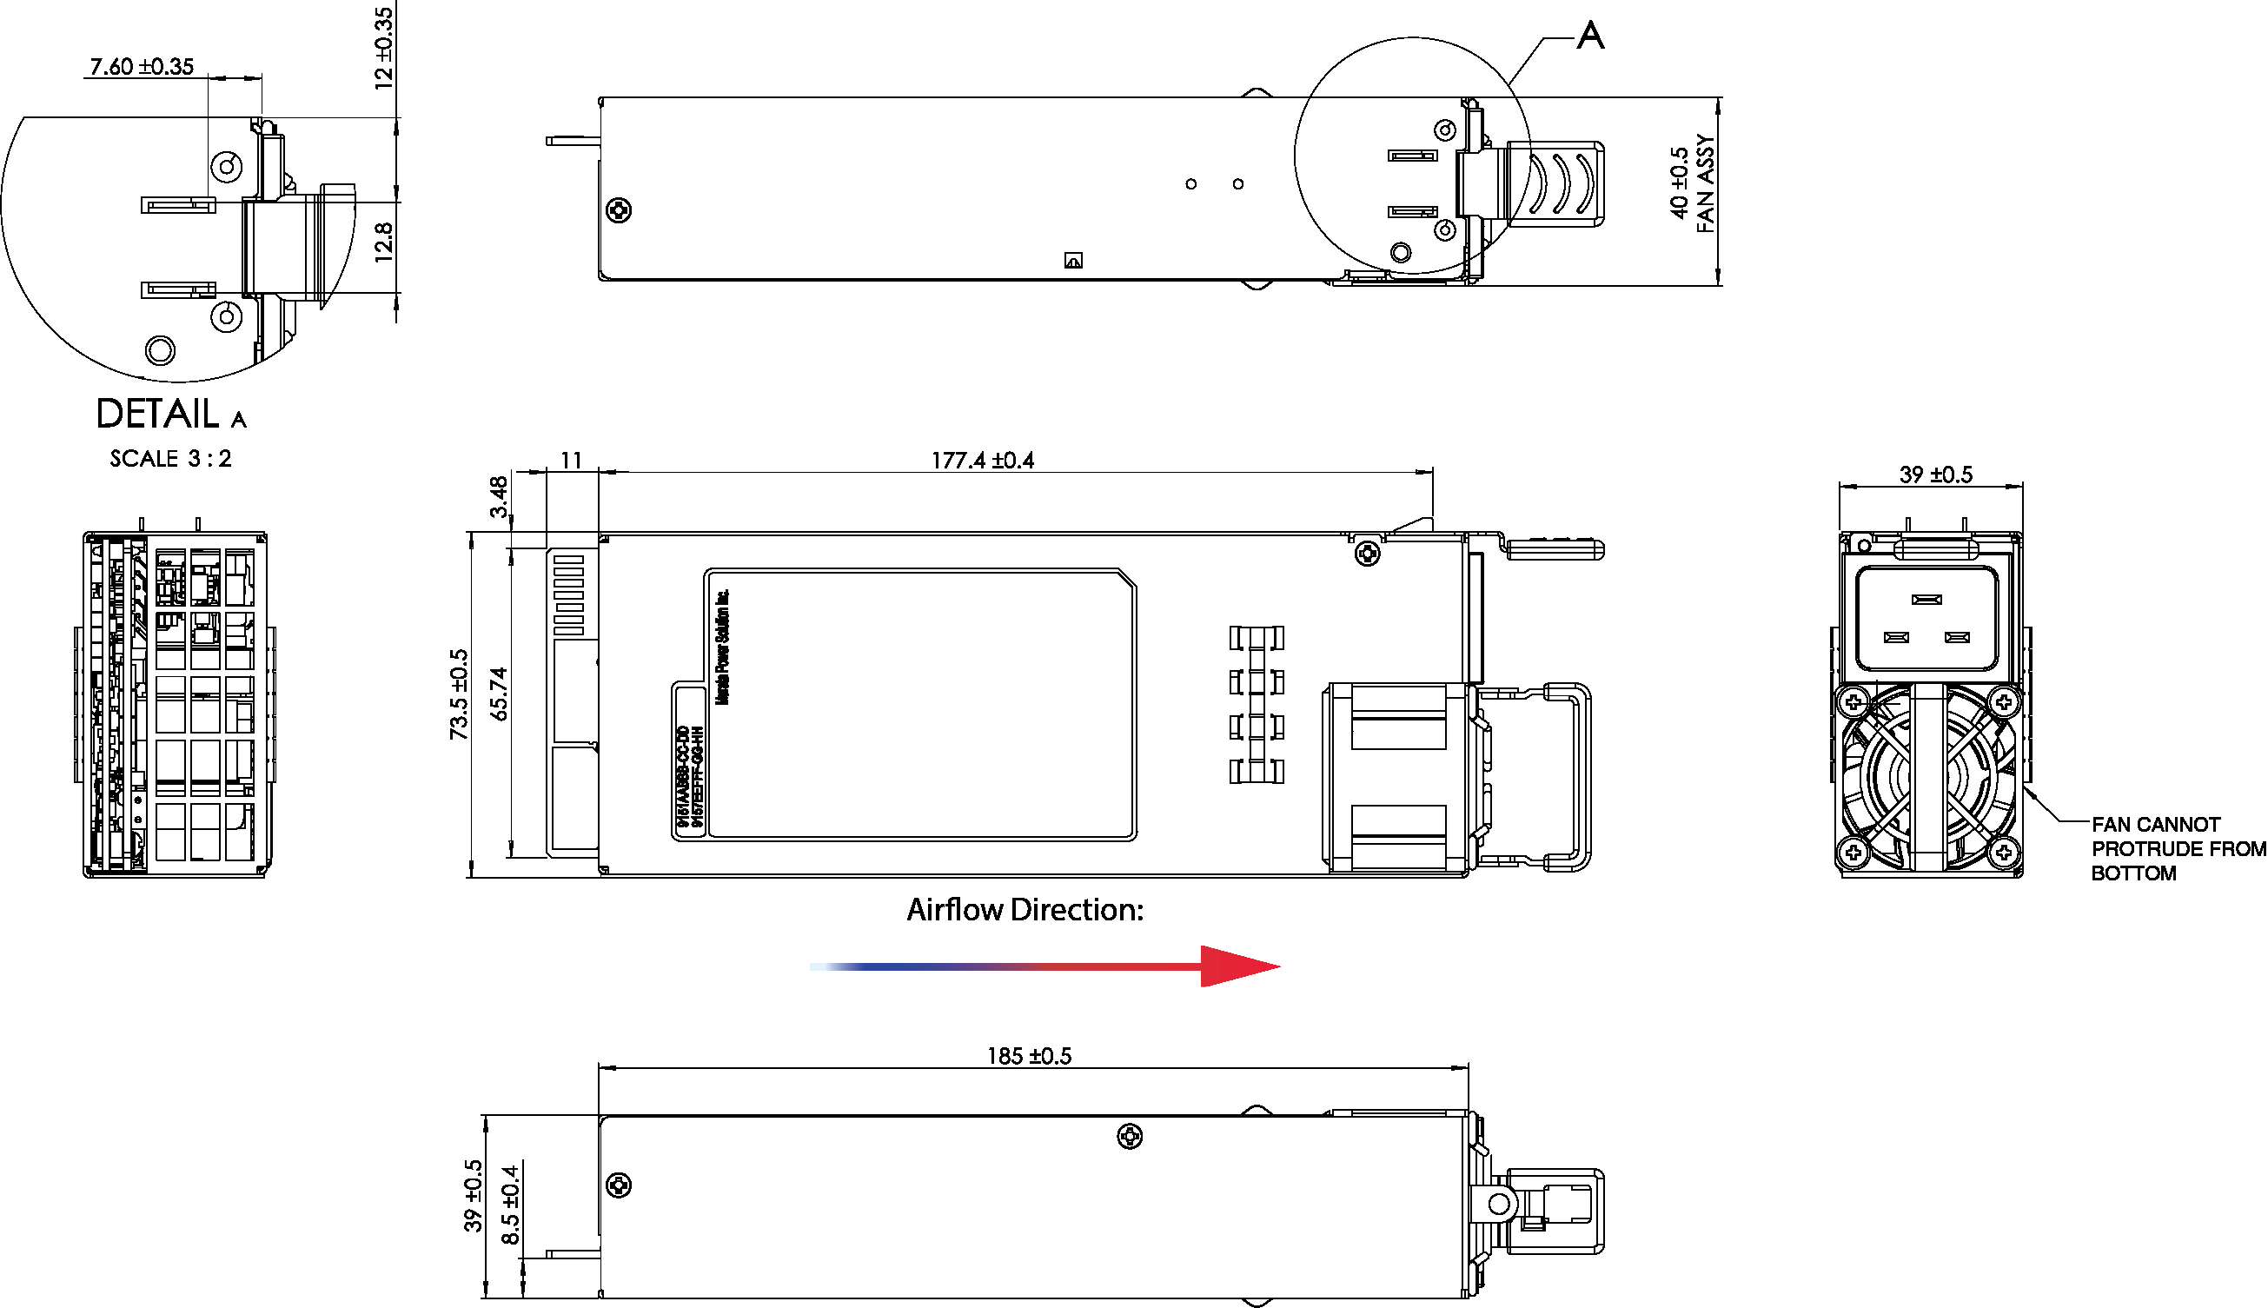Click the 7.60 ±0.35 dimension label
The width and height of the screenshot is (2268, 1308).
[x=142, y=66]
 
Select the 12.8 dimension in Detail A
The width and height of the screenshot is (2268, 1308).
[x=383, y=242]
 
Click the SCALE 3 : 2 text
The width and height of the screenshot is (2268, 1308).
[x=170, y=459]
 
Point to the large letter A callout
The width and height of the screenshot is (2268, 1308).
[x=1590, y=36]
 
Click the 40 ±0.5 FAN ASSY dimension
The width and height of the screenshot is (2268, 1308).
[x=1692, y=184]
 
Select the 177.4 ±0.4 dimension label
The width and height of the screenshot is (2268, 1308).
[x=983, y=461]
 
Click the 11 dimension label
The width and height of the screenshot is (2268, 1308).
[x=571, y=461]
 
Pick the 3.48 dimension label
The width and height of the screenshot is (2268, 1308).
[x=499, y=497]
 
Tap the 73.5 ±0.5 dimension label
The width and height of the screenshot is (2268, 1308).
[x=459, y=694]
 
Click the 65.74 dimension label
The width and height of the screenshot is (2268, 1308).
[x=500, y=694]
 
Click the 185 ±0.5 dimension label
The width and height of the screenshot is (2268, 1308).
[x=1030, y=1057]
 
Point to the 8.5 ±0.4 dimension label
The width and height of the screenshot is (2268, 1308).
[x=510, y=1205]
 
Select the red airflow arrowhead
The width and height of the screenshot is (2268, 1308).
[x=1237, y=966]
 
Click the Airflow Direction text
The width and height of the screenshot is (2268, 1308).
[x=1025, y=910]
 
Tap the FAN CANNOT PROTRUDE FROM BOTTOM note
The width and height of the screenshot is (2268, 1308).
[x=2178, y=849]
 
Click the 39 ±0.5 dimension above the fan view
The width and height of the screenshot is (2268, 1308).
[x=1936, y=475]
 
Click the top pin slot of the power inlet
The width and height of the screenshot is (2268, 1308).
[x=1926, y=599]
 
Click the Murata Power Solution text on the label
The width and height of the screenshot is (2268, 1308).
[x=722, y=647]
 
